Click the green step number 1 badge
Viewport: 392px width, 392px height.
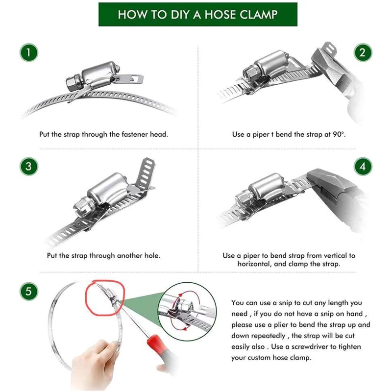click(29, 53)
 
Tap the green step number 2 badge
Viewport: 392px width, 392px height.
click(363, 53)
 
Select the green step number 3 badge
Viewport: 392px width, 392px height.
click(29, 166)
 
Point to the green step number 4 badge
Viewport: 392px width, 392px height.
click(363, 166)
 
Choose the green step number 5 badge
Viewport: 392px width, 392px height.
click(29, 291)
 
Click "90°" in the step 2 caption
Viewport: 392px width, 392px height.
click(339, 134)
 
